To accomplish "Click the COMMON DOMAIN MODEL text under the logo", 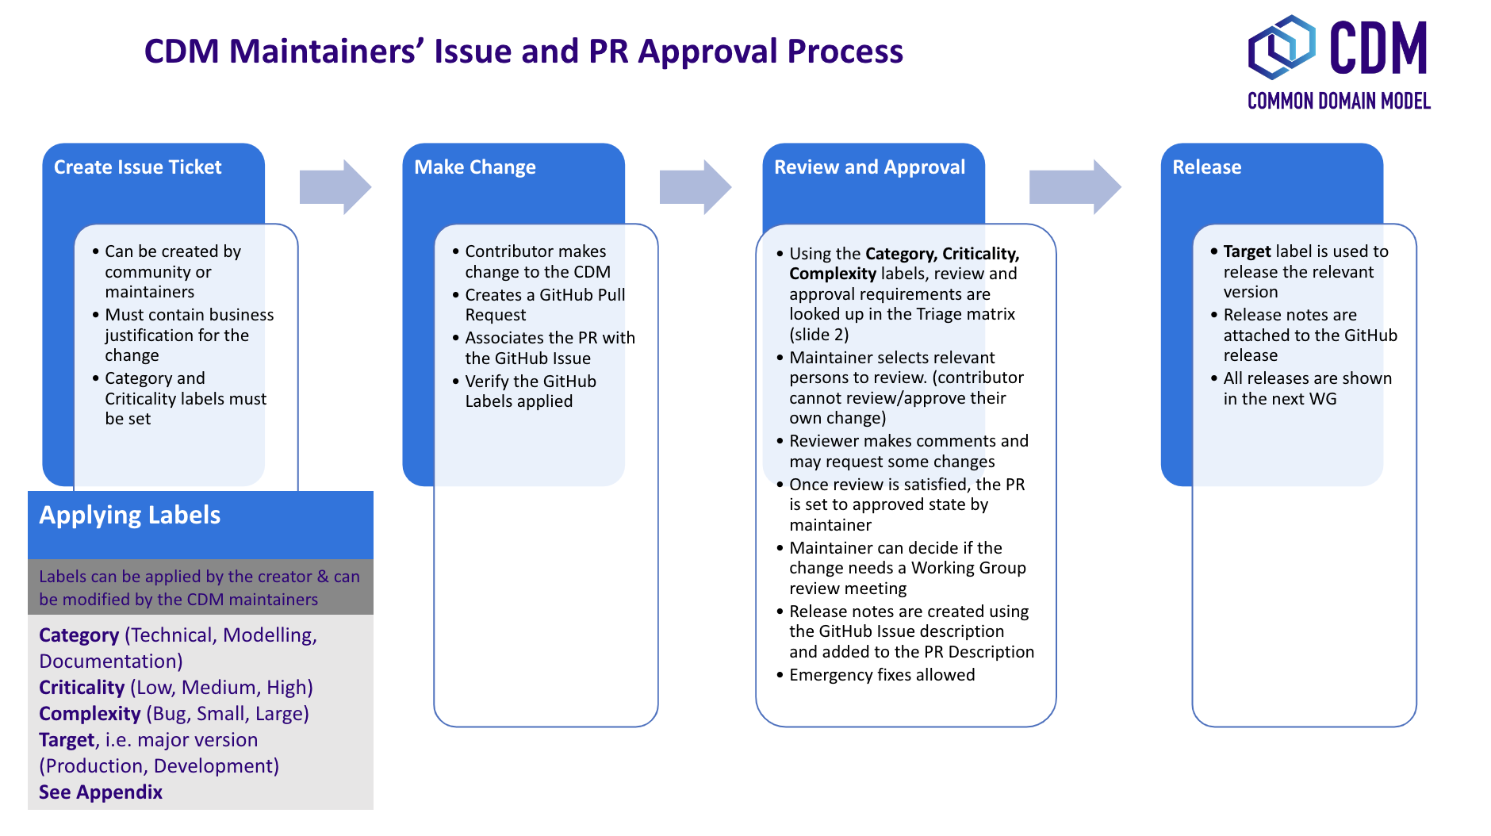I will click(x=1339, y=102).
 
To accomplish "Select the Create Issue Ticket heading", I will click(x=137, y=167).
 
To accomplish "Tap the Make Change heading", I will click(x=474, y=167).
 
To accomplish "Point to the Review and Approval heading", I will click(x=869, y=167).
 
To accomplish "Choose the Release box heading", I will click(x=1206, y=167).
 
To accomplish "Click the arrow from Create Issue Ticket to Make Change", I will click(x=335, y=187).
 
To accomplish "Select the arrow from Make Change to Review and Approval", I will click(x=695, y=187).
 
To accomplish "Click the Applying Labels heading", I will click(x=130, y=516).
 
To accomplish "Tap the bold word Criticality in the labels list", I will click(x=82, y=688).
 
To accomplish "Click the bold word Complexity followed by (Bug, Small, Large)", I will click(x=90, y=714).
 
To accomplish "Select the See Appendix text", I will click(x=101, y=792).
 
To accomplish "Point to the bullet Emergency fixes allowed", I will click(x=882, y=675).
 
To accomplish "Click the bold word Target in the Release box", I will click(x=1247, y=251).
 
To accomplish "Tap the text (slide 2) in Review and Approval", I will click(x=818, y=335).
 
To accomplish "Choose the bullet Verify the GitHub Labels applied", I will click(x=530, y=391).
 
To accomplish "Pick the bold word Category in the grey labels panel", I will click(x=79, y=635).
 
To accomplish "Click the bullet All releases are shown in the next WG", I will click(x=1306, y=389).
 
